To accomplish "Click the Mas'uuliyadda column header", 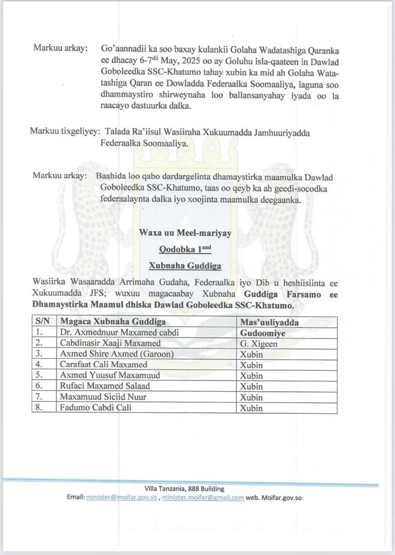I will coord(270,321).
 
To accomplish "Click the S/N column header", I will coord(42,321).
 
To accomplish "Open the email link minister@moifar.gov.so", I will coord(123,497).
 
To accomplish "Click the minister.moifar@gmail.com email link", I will coord(203,497).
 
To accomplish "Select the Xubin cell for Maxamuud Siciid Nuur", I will coord(251,397).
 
